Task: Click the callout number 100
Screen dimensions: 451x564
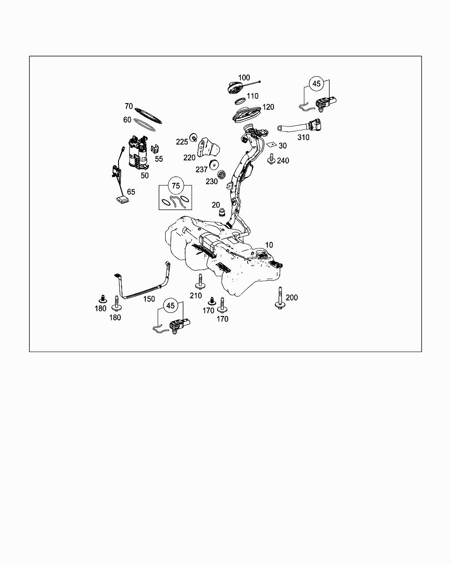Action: [244, 78]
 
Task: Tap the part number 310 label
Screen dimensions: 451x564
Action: [303, 137]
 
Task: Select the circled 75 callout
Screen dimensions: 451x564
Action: [176, 186]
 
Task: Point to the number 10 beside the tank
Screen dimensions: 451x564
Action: [269, 245]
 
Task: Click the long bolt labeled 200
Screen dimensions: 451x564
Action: [280, 298]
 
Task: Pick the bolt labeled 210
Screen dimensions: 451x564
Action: [200, 281]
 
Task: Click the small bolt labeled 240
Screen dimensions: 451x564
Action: [271, 159]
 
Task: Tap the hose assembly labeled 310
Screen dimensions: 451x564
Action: [299, 126]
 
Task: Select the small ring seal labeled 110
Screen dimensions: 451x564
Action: [240, 101]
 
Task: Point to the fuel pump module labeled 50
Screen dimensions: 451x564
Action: [138, 152]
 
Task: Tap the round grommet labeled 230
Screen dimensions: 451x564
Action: [222, 175]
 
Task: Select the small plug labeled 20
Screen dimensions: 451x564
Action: [222, 212]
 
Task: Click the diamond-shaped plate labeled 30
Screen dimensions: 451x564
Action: [272, 144]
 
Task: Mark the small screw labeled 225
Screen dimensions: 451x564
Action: [194, 137]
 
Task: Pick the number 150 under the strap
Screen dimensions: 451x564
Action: [149, 299]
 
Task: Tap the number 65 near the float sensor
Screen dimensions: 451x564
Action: [131, 192]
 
